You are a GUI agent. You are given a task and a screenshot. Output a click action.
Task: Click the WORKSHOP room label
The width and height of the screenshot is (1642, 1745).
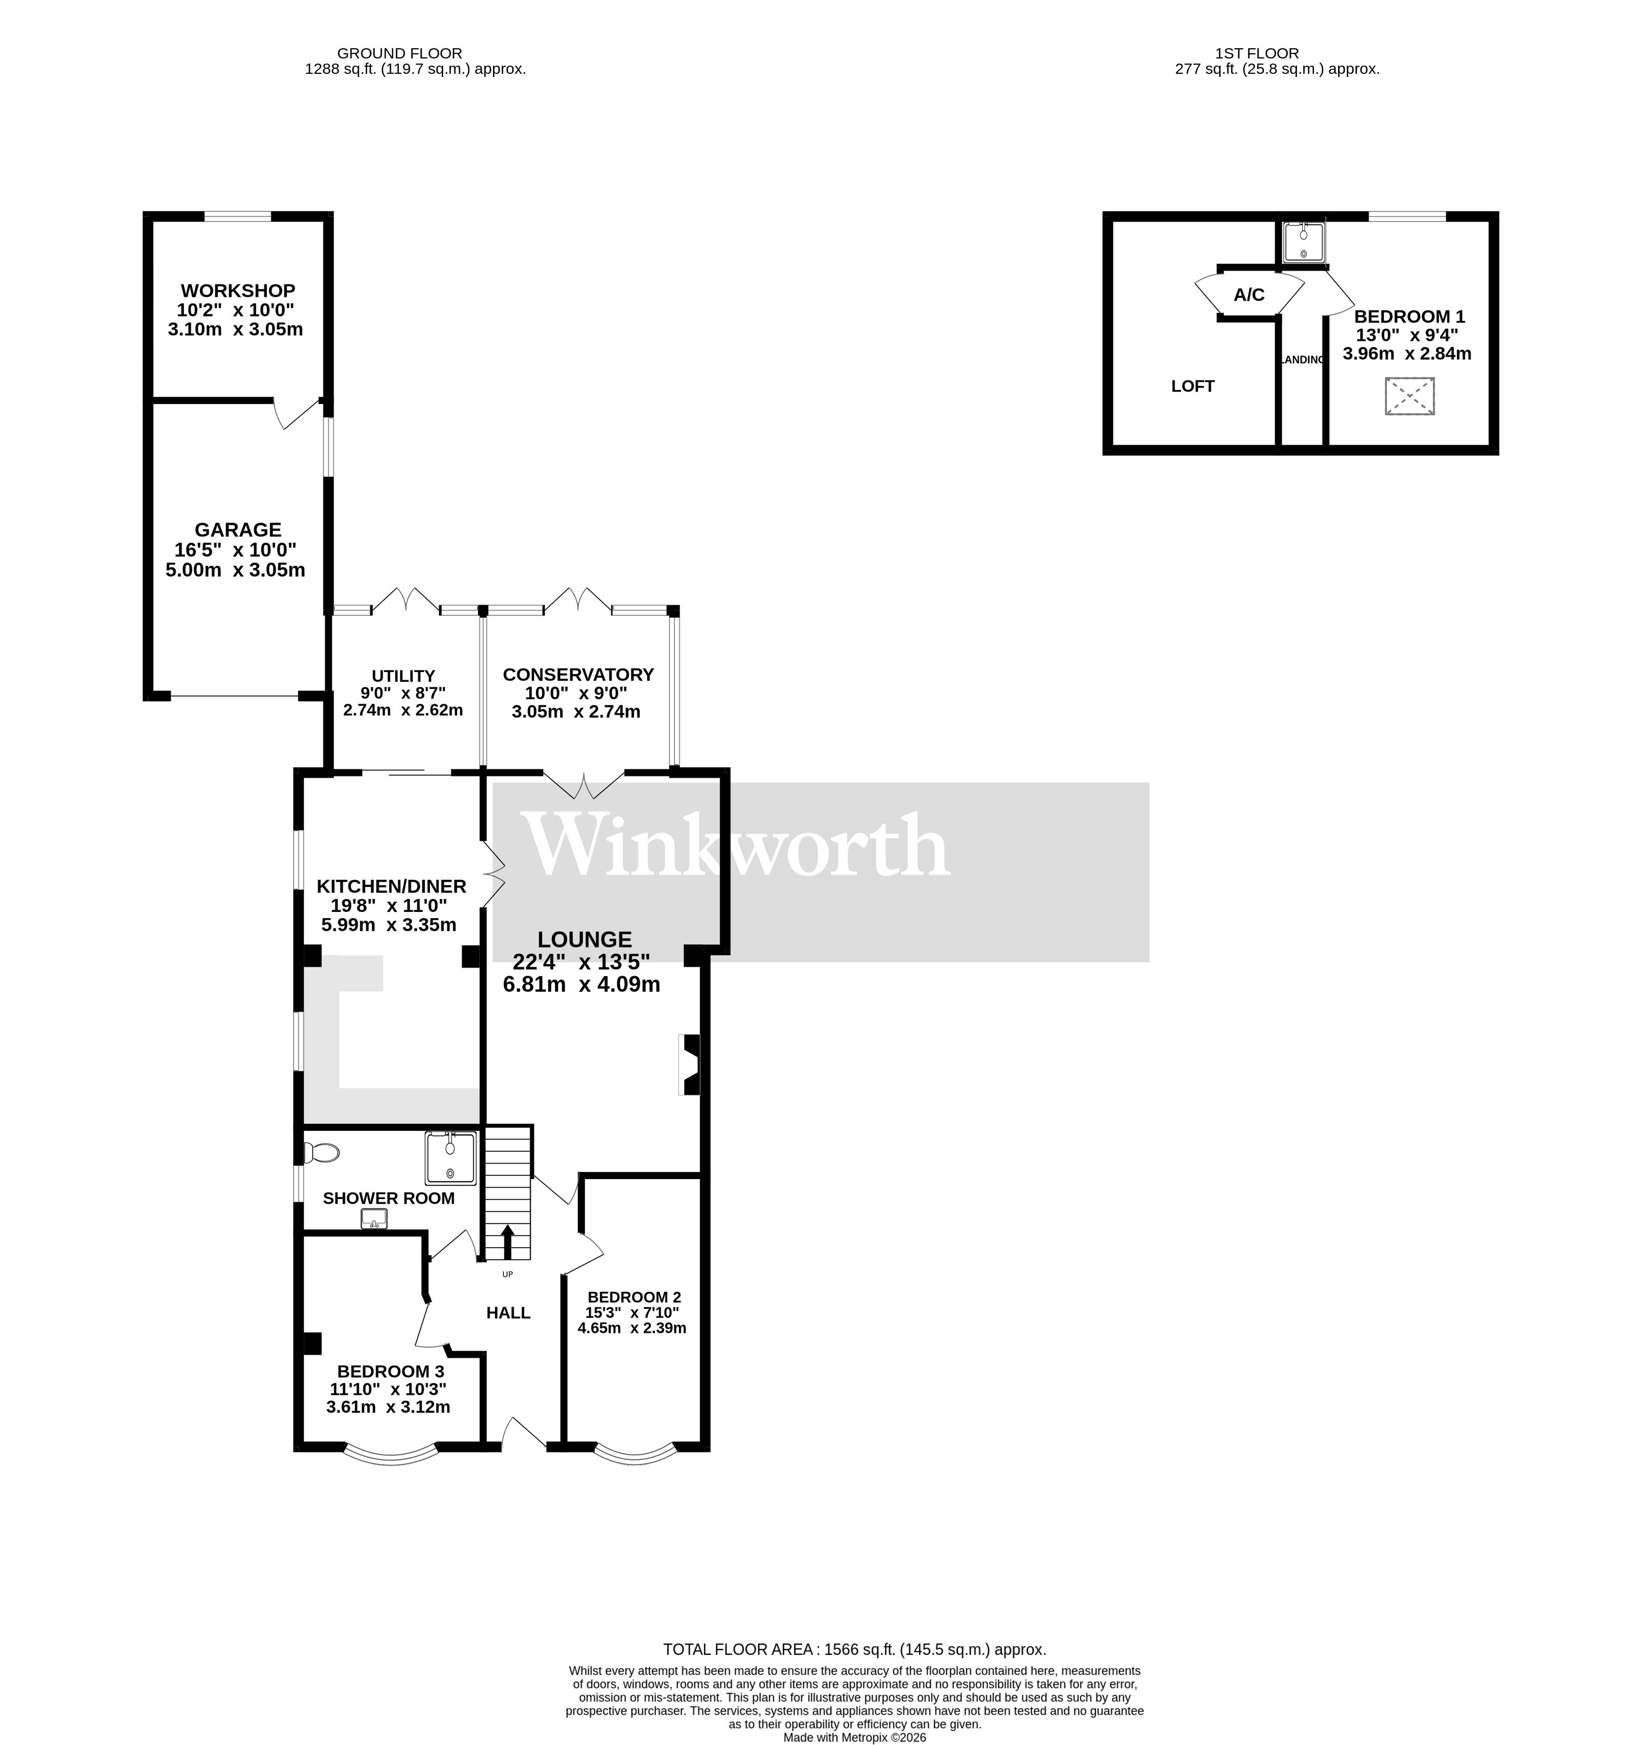[x=238, y=291]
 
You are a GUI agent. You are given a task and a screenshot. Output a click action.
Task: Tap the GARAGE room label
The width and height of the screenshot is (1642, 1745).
[x=238, y=530]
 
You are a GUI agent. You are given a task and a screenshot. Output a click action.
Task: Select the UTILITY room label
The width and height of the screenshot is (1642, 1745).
[x=403, y=676]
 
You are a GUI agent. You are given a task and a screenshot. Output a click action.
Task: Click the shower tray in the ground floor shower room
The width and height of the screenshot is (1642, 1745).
[x=451, y=1159]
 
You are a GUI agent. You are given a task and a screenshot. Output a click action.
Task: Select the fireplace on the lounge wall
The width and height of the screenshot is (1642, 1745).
[x=691, y=1065]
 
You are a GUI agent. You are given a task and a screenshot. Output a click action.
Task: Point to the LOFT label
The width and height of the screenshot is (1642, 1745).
[x=1192, y=386]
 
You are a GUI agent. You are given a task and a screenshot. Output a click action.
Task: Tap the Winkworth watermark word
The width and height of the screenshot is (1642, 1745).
[x=735, y=846]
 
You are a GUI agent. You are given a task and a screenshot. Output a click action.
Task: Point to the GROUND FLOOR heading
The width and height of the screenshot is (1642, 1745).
[x=399, y=53]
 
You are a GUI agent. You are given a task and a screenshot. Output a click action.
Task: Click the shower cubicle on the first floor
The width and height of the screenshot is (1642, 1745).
[x=1303, y=242]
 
